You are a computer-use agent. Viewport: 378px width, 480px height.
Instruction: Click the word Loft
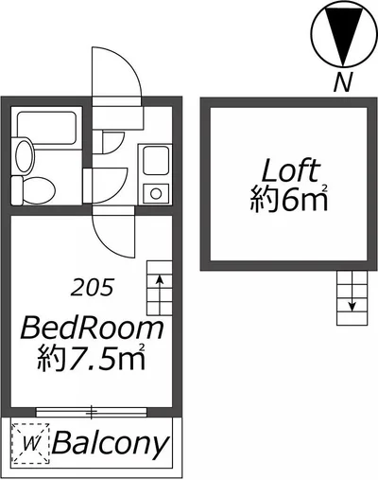291,170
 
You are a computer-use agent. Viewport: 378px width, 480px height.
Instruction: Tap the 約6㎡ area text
289,199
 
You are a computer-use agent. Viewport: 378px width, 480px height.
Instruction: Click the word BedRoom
92,329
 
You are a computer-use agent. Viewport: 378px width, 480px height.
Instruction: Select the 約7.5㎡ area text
92,357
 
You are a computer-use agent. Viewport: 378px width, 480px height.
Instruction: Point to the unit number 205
92,288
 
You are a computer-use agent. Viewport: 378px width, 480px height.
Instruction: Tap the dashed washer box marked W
30,444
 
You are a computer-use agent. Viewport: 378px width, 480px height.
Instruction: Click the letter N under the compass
343,81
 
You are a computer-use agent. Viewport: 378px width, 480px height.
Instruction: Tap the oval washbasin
25,155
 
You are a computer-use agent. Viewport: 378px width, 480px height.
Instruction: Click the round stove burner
156,193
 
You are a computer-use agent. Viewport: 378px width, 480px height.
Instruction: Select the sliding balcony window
92,412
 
